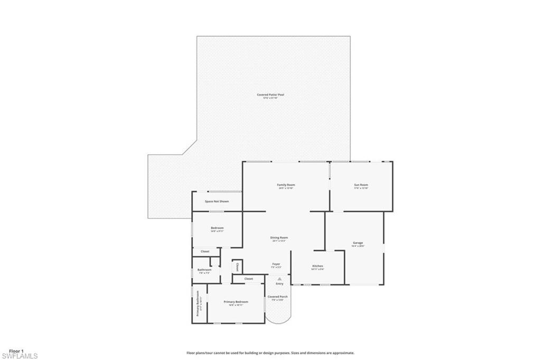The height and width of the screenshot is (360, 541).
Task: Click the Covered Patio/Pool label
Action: tap(270, 95)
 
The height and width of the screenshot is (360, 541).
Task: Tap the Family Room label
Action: tap(286, 185)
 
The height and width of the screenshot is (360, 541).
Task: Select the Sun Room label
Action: tap(361, 185)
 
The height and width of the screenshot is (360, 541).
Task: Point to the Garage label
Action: tap(358, 243)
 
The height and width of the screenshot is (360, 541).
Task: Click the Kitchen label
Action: tap(318, 266)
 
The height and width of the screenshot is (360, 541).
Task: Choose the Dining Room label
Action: tap(279, 238)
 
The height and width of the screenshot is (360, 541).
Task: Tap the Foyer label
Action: tap(276, 264)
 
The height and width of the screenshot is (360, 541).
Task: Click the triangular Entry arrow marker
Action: tap(279, 279)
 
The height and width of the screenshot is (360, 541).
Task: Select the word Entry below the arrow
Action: tap(279, 284)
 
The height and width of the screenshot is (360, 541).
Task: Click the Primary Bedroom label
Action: tap(236, 302)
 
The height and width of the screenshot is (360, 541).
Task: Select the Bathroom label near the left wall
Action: tap(204, 270)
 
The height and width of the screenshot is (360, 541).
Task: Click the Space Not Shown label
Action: tap(217, 201)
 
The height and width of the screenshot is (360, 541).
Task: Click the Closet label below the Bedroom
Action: tap(205, 252)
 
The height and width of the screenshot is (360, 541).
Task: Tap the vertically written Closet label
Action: tap(238, 266)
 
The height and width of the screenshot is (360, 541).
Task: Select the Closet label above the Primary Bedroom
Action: tap(248, 279)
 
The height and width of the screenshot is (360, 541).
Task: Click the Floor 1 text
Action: tap(16, 351)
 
